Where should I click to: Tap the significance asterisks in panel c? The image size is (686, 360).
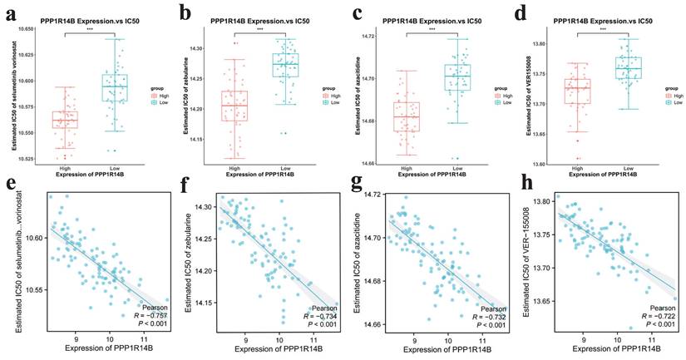click(431, 29)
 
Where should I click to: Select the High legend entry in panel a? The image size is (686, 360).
click(159, 96)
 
